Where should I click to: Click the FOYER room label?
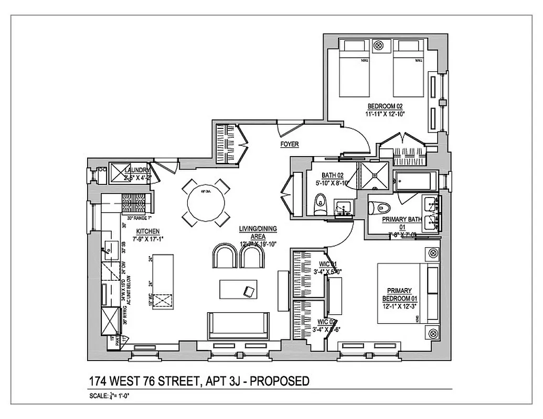[x=289, y=144]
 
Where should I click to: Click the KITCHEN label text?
[x=148, y=231]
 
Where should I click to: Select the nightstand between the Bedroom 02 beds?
[x=378, y=46]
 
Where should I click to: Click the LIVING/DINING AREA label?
[x=258, y=228]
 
